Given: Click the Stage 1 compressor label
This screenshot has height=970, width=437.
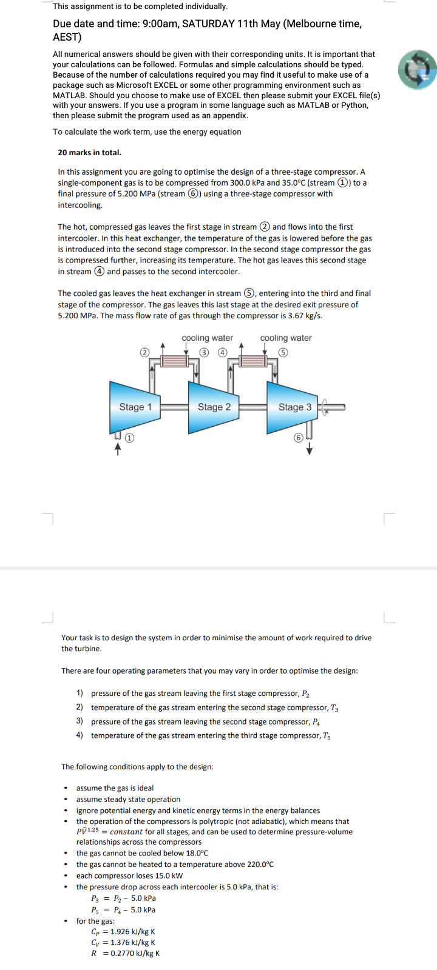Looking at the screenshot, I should point(135,407).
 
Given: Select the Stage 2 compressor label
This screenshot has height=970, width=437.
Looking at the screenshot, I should point(214,407).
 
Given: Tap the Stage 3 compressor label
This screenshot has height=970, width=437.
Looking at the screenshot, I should point(294,407).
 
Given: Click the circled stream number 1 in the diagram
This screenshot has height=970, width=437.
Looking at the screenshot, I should point(129,437).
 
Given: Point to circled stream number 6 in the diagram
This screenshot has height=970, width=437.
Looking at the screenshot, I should point(298,438).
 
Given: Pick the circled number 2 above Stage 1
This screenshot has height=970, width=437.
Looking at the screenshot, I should point(144,352).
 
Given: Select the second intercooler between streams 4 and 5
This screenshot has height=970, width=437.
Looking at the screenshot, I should point(253,361).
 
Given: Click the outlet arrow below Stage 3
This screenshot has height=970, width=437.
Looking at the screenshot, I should point(310,449).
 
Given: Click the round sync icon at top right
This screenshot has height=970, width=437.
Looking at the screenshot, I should point(418,70).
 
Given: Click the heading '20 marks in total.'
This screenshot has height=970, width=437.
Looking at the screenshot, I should point(89,152).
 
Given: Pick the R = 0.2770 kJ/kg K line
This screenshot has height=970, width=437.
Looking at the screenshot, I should point(125,953).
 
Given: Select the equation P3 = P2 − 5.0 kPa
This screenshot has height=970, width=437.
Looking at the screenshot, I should point(123,898).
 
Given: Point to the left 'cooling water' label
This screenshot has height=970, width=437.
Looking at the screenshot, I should point(207,338).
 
